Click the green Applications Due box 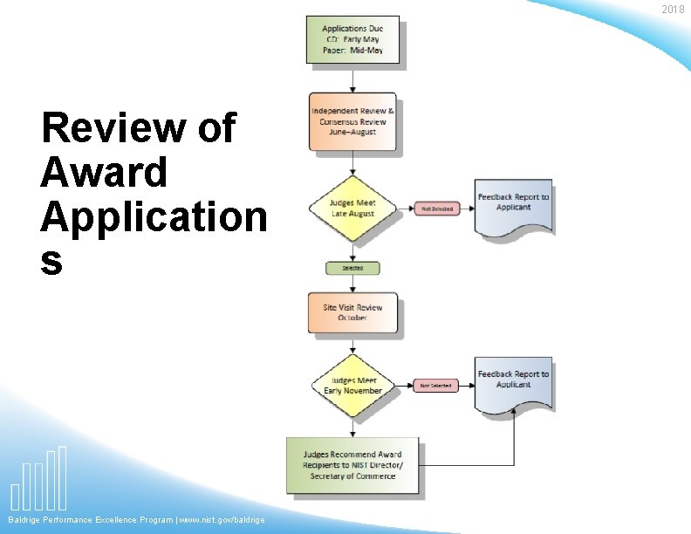tap(352, 39)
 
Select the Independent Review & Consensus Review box tap(352, 121)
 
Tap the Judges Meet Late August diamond tap(352, 209)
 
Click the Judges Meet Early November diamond tap(352, 385)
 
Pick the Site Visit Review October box tap(352, 313)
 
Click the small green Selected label tap(352, 268)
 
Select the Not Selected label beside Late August tap(436, 209)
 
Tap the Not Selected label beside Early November tap(435, 385)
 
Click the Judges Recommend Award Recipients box tap(352, 466)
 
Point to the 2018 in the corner tap(672, 10)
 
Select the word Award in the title tap(103, 172)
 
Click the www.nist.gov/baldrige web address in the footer tap(222, 520)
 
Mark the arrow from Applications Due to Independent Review tap(352, 79)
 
